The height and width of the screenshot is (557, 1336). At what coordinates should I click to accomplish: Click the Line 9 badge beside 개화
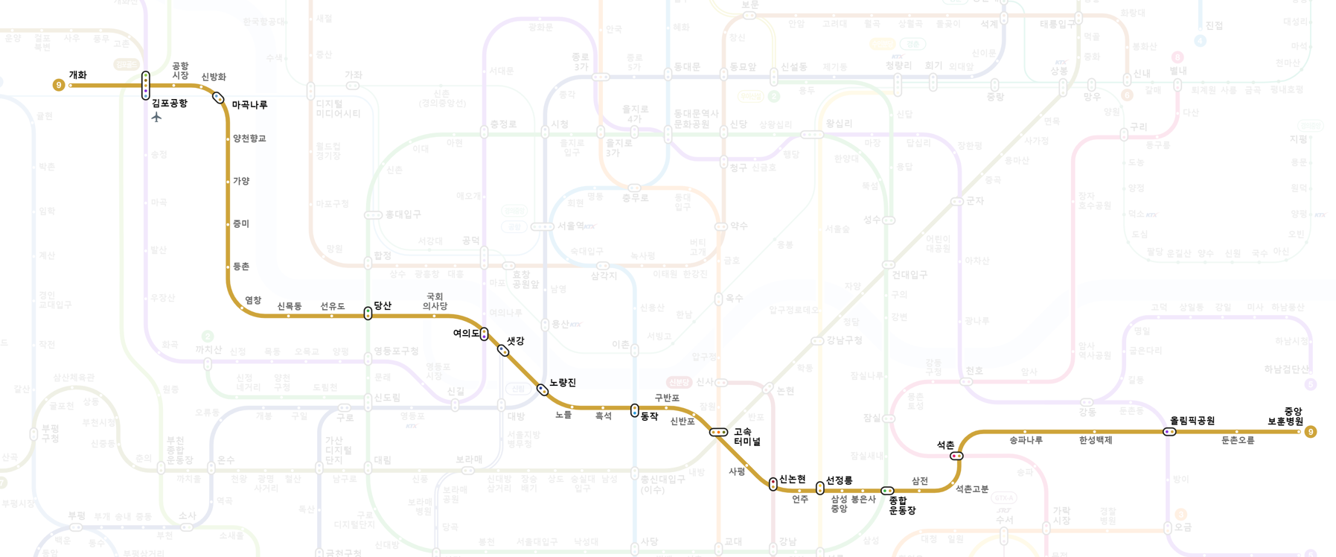tap(59, 86)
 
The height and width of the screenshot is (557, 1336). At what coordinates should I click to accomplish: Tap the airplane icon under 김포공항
tap(156, 117)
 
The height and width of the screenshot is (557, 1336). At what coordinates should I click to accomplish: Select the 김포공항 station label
tap(170, 104)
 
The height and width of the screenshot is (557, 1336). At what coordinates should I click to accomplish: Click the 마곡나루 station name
tap(249, 105)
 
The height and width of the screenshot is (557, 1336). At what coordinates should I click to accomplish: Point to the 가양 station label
tap(241, 181)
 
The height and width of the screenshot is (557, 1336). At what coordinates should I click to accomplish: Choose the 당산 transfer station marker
tap(368, 313)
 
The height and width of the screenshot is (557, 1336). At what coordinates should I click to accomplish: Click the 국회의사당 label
tap(435, 302)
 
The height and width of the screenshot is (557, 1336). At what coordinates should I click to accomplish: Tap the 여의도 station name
tap(466, 334)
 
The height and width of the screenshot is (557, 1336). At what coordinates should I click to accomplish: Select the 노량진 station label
tap(563, 383)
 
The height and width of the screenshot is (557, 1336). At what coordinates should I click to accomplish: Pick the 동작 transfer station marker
tap(634, 410)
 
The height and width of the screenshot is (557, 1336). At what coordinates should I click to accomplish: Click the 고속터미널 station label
tap(747, 436)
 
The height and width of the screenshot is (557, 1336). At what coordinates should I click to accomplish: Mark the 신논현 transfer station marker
tap(773, 484)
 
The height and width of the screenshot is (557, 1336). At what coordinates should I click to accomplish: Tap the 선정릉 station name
tap(839, 481)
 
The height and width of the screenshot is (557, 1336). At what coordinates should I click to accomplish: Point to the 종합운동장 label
tap(902, 506)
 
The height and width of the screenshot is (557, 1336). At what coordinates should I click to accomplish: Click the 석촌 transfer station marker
tap(956, 456)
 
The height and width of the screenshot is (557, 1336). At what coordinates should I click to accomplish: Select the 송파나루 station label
tap(1026, 440)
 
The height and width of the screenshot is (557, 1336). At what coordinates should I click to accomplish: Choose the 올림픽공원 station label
tap(1192, 421)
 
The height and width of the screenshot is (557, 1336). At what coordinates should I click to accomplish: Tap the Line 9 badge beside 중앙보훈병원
tap(1311, 432)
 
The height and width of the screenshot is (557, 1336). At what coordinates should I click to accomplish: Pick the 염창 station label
tap(253, 300)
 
